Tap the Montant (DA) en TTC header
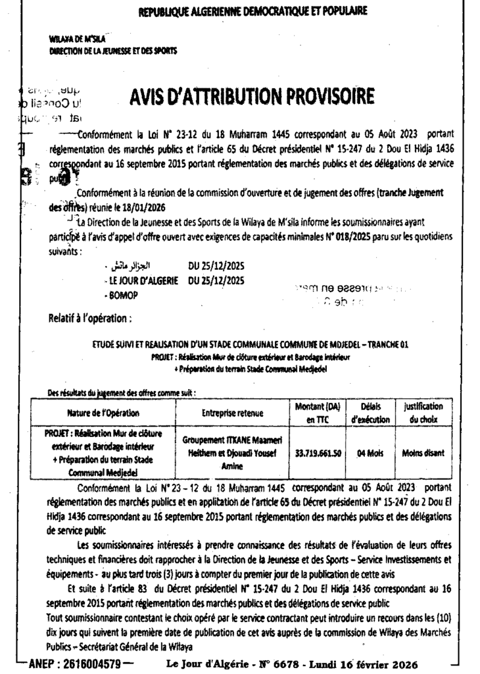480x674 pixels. (x=318, y=413)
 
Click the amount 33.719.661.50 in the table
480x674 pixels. (x=318, y=454)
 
